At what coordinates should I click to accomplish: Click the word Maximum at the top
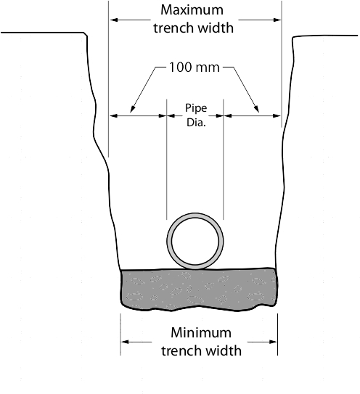tap(192, 10)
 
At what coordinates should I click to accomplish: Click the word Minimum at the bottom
tap(201, 332)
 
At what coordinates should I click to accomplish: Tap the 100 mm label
tap(195, 67)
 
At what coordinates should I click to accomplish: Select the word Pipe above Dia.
tap(196, 108)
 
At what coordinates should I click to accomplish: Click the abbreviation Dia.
tap(196, 123)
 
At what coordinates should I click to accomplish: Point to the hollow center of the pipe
tap(195, 241)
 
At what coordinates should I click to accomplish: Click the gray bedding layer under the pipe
tap(200, 289)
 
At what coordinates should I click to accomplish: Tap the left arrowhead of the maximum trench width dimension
tap(114, 20)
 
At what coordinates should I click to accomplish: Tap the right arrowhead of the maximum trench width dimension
tap(277, 20)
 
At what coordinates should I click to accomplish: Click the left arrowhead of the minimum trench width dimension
tap(125, 342)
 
